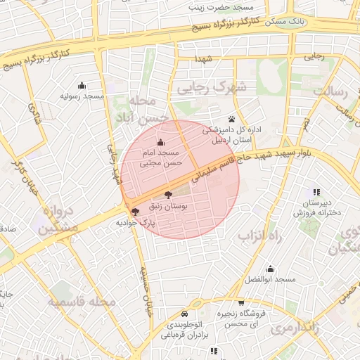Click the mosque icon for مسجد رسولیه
point(82,85)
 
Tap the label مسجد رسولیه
point(82,95)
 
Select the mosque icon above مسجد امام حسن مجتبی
point(160,143)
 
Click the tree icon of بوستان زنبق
point(168,195)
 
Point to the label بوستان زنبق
point(167,207)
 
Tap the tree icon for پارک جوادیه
point(135,211)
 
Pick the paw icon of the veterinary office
point(231,119)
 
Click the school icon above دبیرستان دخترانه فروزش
point(316,191)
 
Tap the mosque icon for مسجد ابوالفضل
point(270,269)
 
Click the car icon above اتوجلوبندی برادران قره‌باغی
point(184,314)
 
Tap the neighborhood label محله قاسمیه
point(82,302)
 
